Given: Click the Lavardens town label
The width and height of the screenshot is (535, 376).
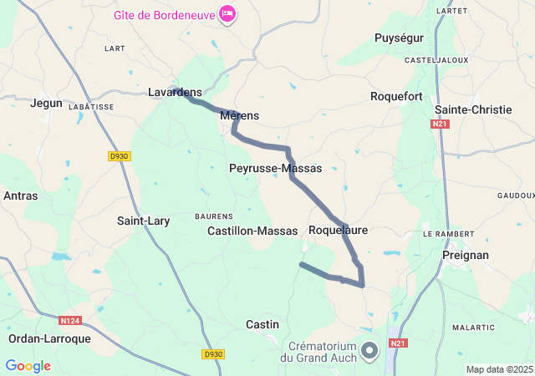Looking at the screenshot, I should point(175,92).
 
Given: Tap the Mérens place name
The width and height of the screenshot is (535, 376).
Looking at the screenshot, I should point(240,115).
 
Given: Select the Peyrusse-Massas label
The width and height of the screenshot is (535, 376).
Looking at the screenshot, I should point(275,168).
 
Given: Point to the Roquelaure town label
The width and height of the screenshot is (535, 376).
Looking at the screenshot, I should point(338,229).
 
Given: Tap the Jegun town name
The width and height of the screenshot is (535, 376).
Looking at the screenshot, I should point(46,103).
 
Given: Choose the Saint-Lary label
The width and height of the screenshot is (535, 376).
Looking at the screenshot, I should point(143,221).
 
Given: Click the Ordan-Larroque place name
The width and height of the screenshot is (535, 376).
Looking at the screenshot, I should point(49,338).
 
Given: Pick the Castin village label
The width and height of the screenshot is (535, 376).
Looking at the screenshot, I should point(262,324).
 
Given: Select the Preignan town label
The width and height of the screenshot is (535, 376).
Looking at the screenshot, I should point(466,255).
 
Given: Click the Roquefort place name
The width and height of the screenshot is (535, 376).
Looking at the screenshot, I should point(396,97).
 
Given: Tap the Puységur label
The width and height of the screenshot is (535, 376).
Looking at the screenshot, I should point(399,38).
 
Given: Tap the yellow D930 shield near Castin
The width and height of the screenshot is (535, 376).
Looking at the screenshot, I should point(213,354).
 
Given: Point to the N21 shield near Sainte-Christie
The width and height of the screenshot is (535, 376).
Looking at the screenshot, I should point(440,124).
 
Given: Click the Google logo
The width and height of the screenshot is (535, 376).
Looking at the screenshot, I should point(28,365).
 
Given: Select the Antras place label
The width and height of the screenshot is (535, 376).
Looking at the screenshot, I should point(20,196).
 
